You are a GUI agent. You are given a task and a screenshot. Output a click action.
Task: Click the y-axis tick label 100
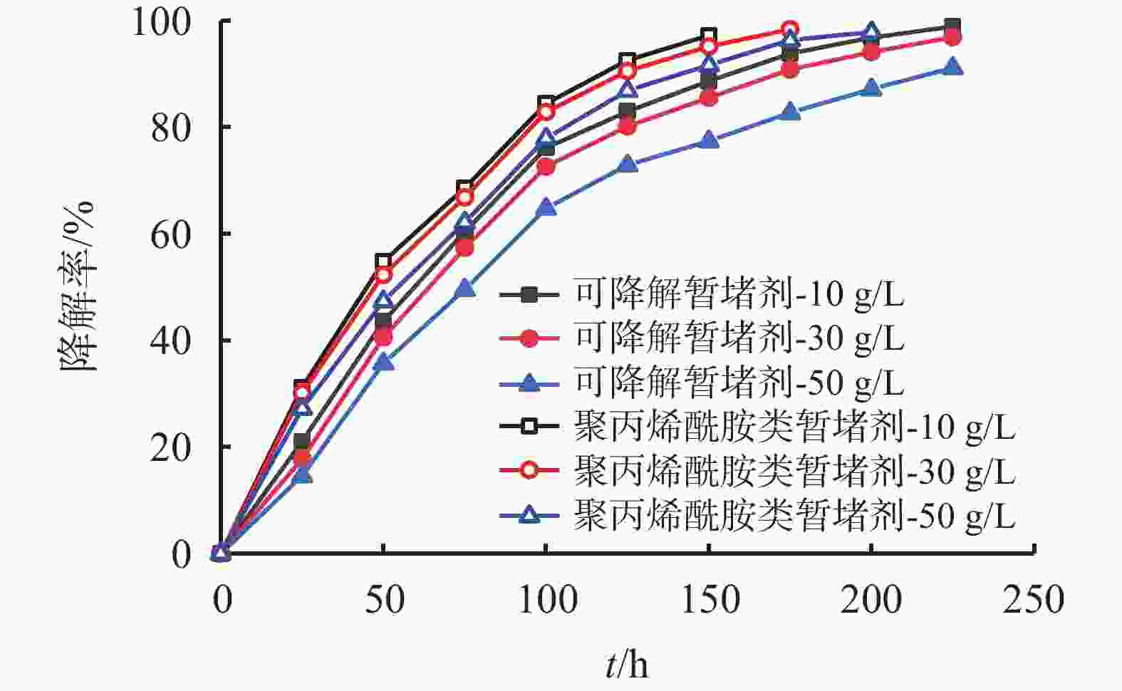pos(161,22)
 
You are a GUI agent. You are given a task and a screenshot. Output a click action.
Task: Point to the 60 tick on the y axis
pos(171,234)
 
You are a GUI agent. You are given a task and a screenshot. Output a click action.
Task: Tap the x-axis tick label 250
pos(1033,600)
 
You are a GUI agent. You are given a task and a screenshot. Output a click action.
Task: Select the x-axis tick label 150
pos(710,600)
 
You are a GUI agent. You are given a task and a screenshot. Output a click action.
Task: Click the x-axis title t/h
pos(627,665)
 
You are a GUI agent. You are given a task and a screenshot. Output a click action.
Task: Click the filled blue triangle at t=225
pos(952,68)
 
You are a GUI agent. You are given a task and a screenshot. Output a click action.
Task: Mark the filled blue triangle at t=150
pos(709,140)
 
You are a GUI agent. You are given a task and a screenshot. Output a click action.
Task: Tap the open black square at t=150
pos(709,36)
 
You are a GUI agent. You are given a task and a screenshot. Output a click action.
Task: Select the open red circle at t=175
pos(789,30)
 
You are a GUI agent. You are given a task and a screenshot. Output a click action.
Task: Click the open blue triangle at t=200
pos(871,33)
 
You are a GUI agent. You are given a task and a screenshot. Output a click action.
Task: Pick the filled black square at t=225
pos(952,27)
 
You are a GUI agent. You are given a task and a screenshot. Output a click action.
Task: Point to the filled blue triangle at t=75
pos(464,288)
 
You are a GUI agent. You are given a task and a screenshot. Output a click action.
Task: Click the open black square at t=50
pos(383,261)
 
